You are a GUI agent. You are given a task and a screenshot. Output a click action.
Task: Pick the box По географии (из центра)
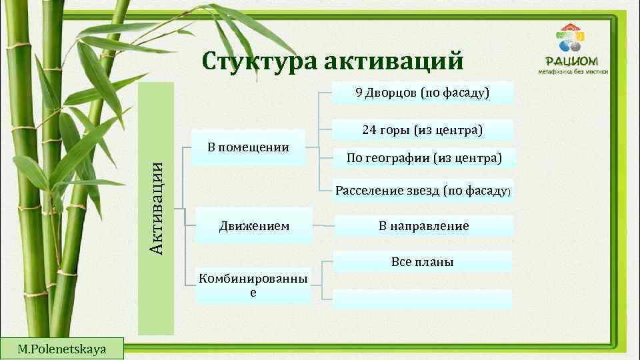click(x=423, y=158)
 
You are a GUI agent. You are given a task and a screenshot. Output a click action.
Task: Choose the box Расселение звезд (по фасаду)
click(x=423, y=191)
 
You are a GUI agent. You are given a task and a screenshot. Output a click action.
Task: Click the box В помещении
click(x=248, y=147)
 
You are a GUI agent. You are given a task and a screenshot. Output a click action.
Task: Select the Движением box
click(x=254, y=226)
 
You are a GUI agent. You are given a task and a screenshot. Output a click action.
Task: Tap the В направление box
click(x=423, y=226)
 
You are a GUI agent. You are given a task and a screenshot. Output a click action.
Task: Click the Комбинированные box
click(x=253, y=285)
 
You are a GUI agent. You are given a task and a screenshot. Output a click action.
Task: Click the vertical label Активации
click(x=155, y=208)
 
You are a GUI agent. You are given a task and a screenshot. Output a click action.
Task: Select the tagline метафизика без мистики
click(x=573, y=70)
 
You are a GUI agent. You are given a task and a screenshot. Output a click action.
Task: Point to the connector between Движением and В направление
click(x=323, y=226)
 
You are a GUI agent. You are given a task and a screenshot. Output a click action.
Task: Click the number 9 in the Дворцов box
click(x=359, y=93)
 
